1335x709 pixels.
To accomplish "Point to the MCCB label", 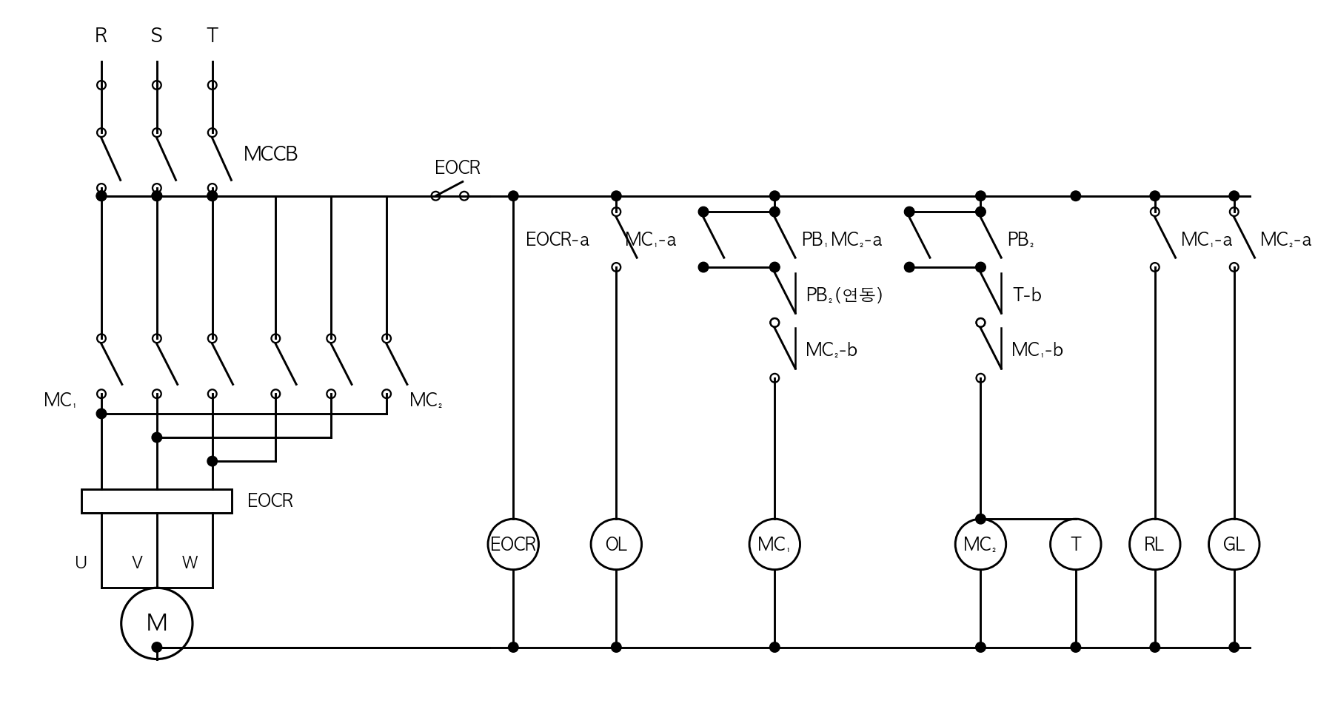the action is coord(270,154).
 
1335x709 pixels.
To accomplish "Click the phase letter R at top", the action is coord(101,36).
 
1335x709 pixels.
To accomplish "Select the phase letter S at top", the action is coord(156,36).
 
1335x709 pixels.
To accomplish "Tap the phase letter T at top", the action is coord(213,36).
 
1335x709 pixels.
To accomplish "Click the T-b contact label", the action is coord(1027,295).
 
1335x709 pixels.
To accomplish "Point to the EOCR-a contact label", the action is coord(558,240).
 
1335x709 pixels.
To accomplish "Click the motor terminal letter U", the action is coord(81,562).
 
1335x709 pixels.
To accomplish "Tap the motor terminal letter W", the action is coord(190,562).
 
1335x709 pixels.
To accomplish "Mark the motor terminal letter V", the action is coord(137,562).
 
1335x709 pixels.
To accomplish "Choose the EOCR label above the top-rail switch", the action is coord(458,168).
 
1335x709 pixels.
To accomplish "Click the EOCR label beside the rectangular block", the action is coord(270,501).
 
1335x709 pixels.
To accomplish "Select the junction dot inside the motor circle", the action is coord(157,648).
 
